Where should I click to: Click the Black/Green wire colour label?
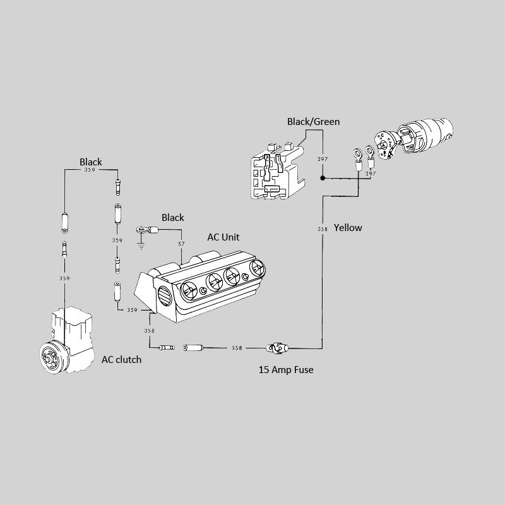coord(314,121)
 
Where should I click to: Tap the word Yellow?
coord(348,227)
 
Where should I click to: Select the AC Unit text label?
coord(223,237)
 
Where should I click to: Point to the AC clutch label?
coord(122,359)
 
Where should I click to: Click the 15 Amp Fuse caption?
coord(286,370)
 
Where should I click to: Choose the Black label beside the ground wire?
coord(173,218)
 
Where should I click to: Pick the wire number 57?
coord(181,244)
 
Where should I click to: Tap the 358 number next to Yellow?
coord(323,229)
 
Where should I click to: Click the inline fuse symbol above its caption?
coord(276,348)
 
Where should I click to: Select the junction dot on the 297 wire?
coord(323,179)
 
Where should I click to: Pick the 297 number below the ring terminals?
coord(371,173)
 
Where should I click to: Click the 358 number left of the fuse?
coord(237,348)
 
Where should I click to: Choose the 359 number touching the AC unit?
coord(132,310)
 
